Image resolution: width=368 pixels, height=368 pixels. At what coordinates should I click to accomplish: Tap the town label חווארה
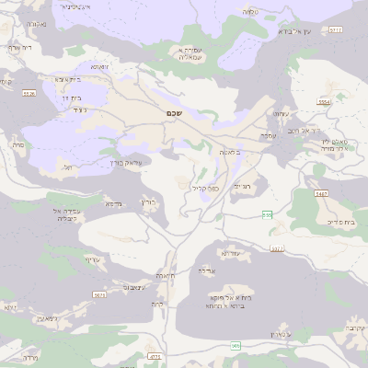point(166,275)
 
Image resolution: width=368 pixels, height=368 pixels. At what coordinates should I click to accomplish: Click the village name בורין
point(149,201)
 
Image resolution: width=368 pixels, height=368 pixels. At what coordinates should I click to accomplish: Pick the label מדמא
point(112,203)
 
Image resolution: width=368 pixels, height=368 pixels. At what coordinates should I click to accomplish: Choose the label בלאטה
point(230,152)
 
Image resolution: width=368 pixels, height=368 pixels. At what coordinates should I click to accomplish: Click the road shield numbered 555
point(267,214)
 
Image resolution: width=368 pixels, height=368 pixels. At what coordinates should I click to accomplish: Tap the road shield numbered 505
point(236,346)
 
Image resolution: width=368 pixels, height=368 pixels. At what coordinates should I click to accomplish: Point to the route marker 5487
point(321,194)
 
